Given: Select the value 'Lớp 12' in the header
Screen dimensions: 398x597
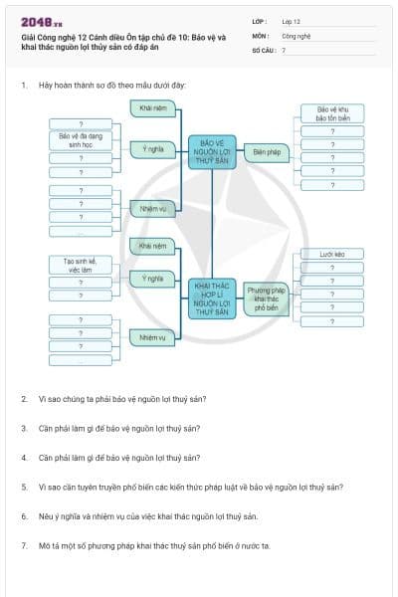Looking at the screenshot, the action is click(293, 20).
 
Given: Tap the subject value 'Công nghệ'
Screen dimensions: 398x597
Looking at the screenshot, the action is click(297, 35).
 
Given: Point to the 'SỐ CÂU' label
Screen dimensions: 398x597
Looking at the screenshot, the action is click(264, 49).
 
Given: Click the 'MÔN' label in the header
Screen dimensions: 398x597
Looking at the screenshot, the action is click(260, 35).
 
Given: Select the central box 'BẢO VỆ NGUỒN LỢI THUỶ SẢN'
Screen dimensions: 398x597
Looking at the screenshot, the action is click(212, 151).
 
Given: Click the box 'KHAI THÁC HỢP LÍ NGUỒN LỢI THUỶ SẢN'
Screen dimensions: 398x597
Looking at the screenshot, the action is click(212, 298).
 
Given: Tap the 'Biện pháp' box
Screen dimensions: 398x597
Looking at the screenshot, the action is click(266, 152).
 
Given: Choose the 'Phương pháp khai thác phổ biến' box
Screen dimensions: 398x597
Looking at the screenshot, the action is click(266, 298).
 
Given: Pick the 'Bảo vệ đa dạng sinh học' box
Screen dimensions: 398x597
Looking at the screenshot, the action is click(81, 140).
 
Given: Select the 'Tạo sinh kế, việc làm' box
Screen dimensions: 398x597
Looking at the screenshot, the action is click(81, 265).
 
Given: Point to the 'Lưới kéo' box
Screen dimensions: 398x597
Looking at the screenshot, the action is click(332, 255).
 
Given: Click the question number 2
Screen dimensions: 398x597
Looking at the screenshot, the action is click(24, 399).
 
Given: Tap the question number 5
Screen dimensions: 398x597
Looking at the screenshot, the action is click(24, 488).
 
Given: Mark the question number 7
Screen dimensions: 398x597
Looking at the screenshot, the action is click(24, 546).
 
